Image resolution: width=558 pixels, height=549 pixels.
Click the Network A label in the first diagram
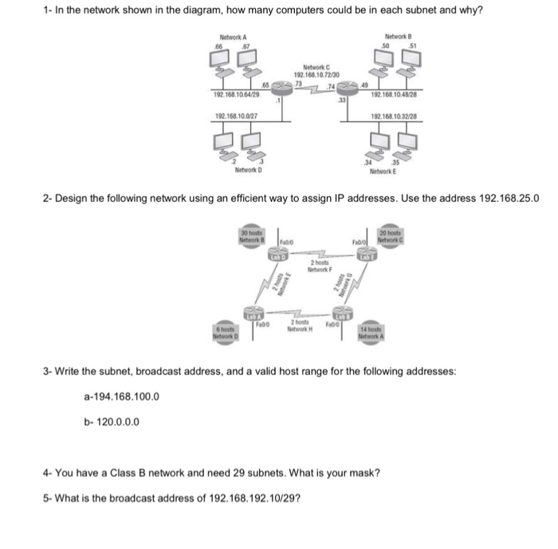(234, 38)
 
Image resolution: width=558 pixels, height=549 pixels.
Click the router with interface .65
(282, 90)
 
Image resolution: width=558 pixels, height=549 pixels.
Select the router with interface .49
(352, 90)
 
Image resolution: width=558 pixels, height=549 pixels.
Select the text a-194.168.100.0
(120, 396)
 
